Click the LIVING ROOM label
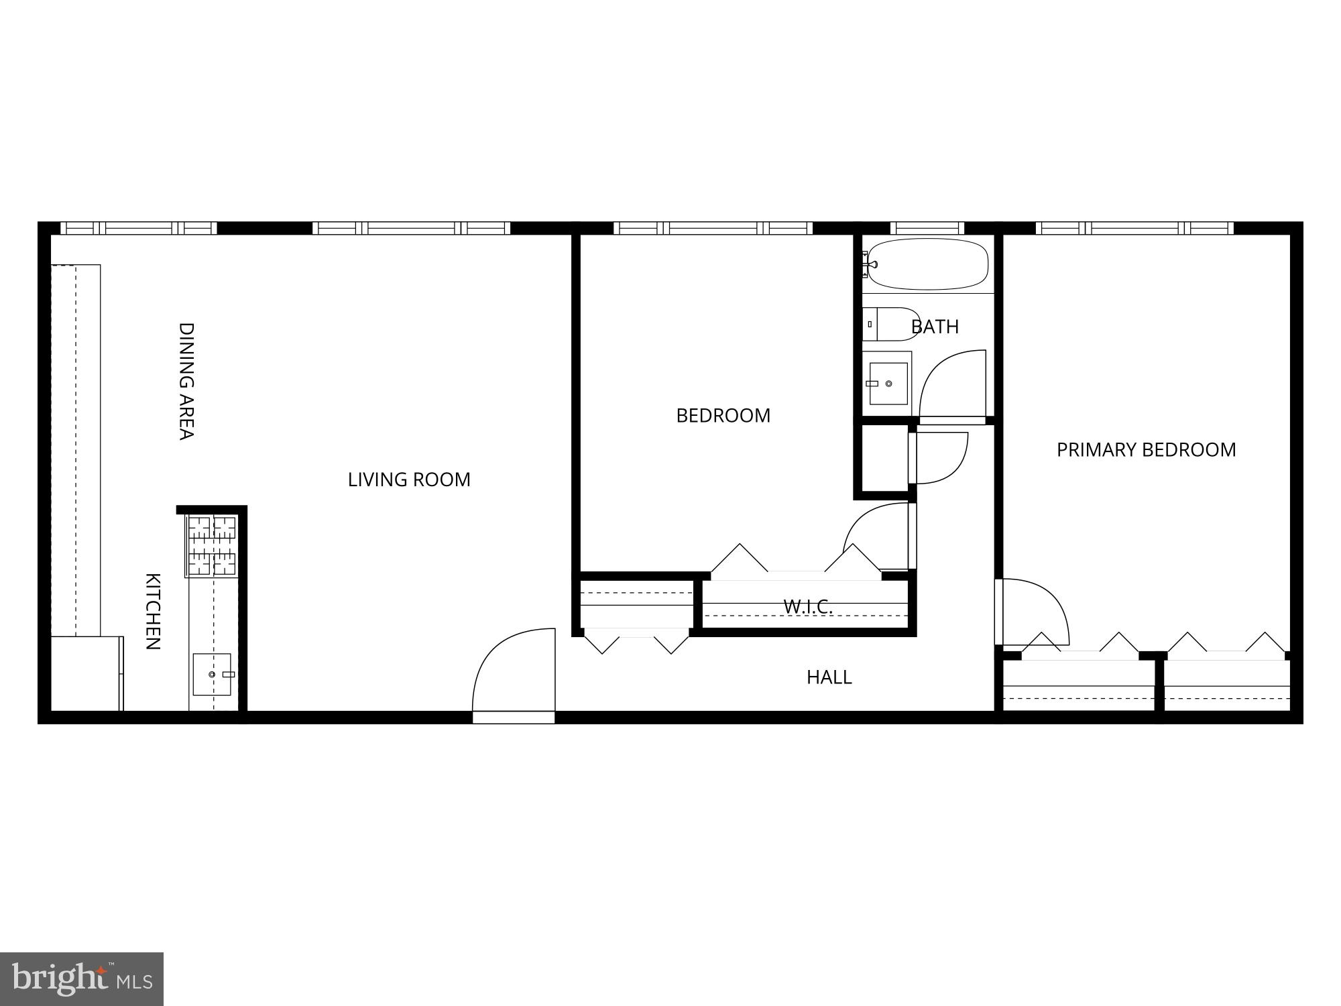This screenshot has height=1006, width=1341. coord(409,480)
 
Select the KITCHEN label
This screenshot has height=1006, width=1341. coord(153,611)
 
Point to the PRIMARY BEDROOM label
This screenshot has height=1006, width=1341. coord(1146,449)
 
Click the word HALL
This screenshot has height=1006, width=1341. coord(829,677)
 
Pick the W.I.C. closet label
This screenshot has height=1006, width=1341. coord(808,607)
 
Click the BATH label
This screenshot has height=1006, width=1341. coord(935,327)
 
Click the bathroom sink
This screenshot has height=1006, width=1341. coord(888,384)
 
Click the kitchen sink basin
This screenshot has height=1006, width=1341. coord(212,674)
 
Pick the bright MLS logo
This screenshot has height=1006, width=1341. coord(81,979)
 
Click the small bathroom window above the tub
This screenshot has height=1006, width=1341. coord(927,228)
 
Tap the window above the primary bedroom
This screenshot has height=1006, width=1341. coord(1134,228)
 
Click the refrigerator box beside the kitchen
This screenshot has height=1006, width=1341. coord(86,673)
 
